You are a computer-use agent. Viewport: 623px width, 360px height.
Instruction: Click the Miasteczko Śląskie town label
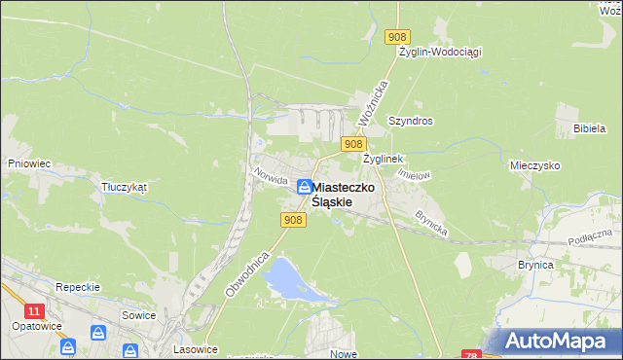pos(345,193)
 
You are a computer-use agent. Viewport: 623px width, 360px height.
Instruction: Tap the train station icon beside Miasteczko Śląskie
pos(305,186)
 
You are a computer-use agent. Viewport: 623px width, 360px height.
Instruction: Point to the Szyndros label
pos(410,122)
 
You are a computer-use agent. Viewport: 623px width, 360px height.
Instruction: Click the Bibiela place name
pos(590,128)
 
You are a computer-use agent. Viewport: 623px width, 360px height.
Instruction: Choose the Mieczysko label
pos(534,166)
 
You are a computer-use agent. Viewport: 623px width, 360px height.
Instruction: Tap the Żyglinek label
pos(383,158)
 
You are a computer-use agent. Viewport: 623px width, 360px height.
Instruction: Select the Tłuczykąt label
pos(124,187)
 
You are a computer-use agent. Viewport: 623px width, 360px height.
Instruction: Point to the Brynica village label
pos(535,265)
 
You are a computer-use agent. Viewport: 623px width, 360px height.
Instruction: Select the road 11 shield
pos(35,310)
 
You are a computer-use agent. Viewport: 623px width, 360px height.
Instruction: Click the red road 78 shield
pos(471,355)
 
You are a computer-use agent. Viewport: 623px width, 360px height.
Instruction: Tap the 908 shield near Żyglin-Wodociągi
pos(396,36)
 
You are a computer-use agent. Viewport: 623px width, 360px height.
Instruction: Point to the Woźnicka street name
pos(373,100)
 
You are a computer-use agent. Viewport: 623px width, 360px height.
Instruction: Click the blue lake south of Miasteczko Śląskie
pos(281,278)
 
